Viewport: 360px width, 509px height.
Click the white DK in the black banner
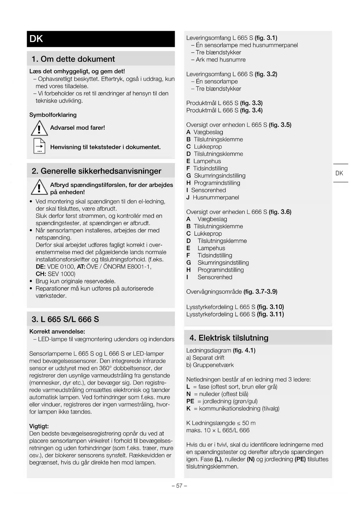(x=36, y=39)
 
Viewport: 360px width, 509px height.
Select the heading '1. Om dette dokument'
(x=73, y=59)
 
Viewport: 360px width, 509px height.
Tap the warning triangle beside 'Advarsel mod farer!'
(x=39, y=129)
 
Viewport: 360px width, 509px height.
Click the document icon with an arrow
(x=39, y=146)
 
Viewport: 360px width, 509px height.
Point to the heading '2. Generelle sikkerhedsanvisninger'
(x=96, y=171)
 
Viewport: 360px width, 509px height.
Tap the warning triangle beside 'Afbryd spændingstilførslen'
(x=39, y=187)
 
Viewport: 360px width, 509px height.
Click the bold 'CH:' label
(x=41, y=274)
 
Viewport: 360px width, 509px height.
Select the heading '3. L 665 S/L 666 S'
(x=65, y=320)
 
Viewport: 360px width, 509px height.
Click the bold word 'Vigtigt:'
(x=39, y=426)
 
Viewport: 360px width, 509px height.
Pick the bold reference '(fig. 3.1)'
(x=266, y=38)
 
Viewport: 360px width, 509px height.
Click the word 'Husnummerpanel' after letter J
(x=216, y=198)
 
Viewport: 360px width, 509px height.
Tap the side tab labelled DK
(x=339, y=173)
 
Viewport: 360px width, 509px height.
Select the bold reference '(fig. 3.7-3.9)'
(x=260, y=292)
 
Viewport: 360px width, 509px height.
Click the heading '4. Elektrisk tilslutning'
(x=229, y=338)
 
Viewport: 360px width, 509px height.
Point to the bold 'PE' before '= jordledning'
(x=190, y=401)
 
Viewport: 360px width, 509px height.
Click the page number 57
(x=179, y=486)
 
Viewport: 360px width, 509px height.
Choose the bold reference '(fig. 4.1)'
(x=244, y=351)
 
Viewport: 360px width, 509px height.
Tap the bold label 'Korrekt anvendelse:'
(x=57, y=332)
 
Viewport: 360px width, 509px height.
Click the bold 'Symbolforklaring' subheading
(x=53, y=115)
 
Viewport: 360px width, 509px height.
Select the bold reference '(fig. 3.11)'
(x=270, y=314)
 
